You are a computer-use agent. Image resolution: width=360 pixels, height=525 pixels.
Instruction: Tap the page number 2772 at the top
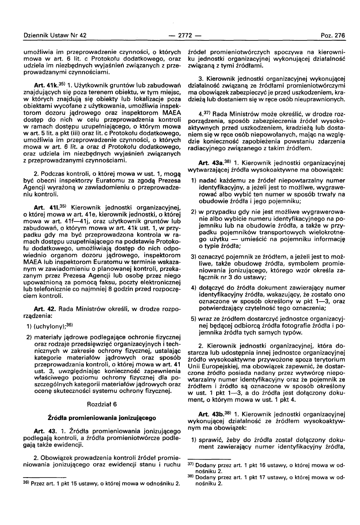point(179,36)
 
